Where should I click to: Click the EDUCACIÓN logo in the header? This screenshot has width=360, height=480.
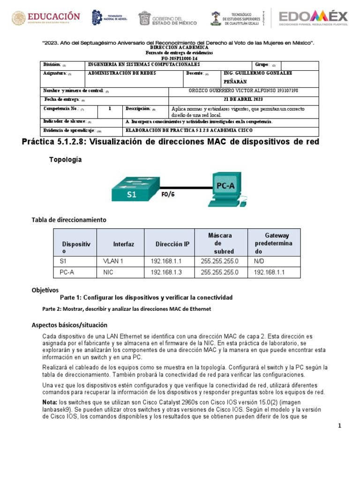tap(46, 19)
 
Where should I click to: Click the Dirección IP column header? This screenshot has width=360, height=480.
tap(172, 244)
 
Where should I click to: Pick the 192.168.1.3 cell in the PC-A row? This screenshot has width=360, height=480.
tap(166, 272)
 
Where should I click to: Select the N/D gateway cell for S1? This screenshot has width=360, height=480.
tap(259, 261)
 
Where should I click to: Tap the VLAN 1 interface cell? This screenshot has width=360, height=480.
tap(112, 261)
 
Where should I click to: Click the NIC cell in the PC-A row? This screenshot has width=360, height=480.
tap(108, 272)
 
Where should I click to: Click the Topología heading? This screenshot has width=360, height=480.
tap(66, 160)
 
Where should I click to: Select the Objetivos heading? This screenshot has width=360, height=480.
tap(45, 290)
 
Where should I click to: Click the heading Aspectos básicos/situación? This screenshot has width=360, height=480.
tap(69, 325)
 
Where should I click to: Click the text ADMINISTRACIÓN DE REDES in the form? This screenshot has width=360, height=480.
tap(122, 74)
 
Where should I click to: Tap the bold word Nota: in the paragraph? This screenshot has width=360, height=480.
tap(50, 402)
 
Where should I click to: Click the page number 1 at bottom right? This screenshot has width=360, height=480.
tap(340, 426)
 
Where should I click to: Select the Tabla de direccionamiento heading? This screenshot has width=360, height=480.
tap(69, 219)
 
